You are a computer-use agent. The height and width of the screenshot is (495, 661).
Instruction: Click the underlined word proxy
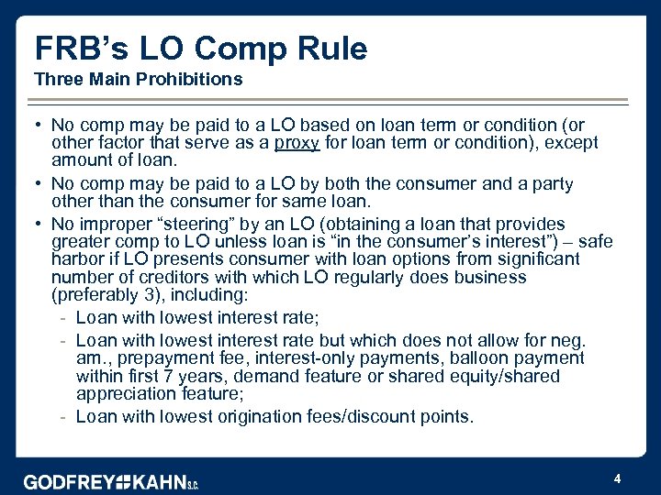pyautogui.click(x=298, y=142)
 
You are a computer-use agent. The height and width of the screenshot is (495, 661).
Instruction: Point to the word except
pyautogui.click(x=567, y=142)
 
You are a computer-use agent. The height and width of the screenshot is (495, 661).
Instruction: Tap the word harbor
pyautogui.click(x=81, y=259)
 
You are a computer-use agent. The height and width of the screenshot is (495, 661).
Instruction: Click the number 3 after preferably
pyautogui.click(x=151, y=294)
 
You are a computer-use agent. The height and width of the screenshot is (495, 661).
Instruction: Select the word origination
pyautogui.click(x=271, y=417)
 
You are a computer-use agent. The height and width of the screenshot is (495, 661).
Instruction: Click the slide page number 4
pyautogui.click(x=617, y=478)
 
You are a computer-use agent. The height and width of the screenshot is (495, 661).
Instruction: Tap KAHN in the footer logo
pyautogui.click(x=160, y=482)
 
